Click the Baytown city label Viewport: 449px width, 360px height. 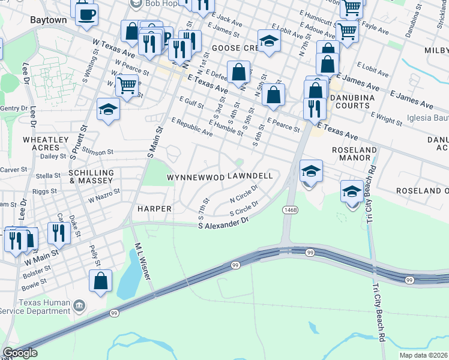coord(48,20)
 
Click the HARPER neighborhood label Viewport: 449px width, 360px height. coord(155,209)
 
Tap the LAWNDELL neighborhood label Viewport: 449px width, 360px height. coord(250,176)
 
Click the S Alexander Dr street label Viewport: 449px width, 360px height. coord(223,222)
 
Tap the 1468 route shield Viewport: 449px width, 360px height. coord(291,209)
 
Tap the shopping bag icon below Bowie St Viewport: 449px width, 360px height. coord(100,280)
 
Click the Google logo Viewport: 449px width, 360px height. coord(20,353)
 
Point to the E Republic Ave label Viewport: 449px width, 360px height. coord(193,129)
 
